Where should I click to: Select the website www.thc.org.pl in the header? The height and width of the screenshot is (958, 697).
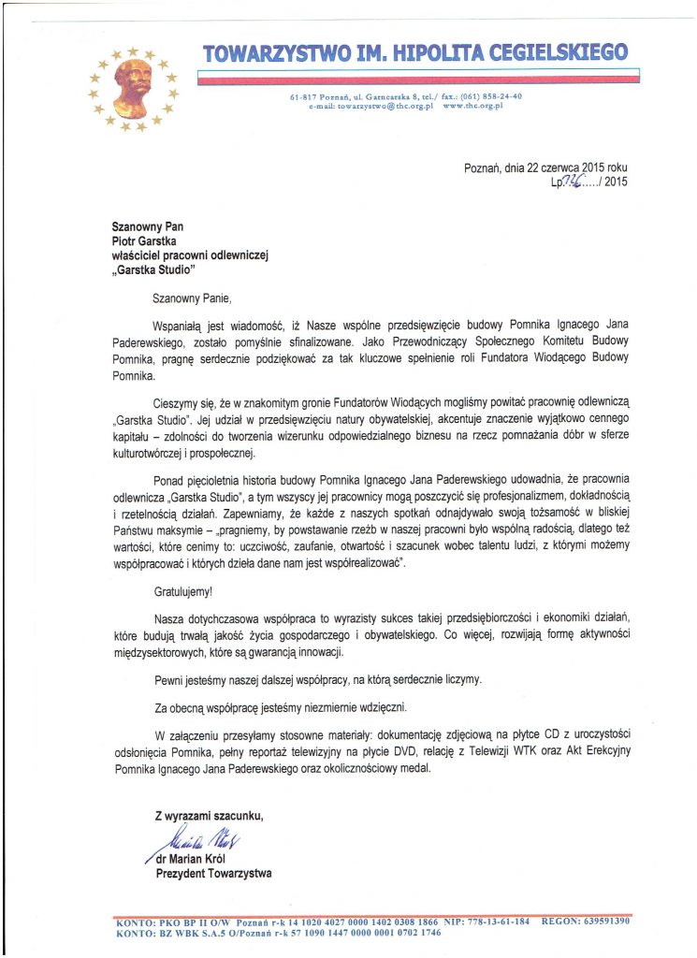tap(472, 107)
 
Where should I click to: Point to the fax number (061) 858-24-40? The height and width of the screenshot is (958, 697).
tap(487, 97)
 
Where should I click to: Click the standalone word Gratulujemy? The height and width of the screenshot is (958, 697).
tap(182, 590)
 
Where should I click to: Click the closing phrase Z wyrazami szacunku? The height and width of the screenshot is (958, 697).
tap(209, 816)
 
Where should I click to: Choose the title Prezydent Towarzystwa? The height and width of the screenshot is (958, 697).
tap(213, 873)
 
